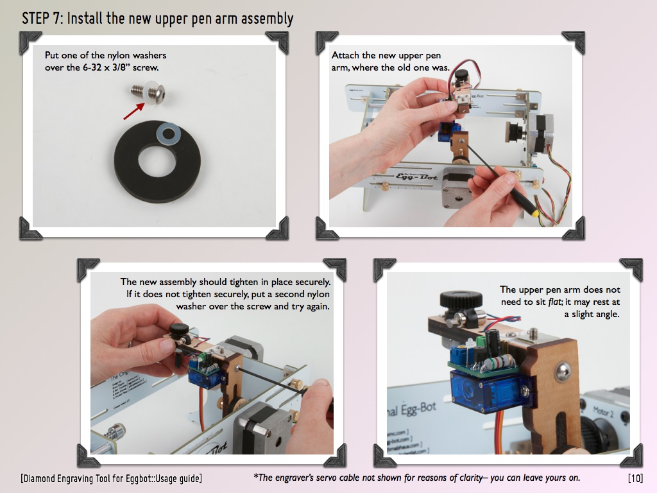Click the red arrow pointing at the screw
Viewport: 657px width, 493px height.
tap(133, 112)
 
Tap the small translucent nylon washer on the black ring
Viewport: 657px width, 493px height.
tap(169, 134)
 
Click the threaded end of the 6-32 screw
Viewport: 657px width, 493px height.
tap(137, 90)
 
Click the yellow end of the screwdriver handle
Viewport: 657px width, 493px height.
tap(533, 213)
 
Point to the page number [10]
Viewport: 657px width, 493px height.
tap(635, 478)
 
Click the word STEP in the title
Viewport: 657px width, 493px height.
tap(37, 19)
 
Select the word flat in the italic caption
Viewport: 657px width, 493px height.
tap(554, 302)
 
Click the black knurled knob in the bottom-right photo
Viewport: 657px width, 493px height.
tap(461, 300)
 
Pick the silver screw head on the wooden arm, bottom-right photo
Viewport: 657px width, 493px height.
tap(562, 372)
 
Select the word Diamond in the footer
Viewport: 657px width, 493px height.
tap(40, 478)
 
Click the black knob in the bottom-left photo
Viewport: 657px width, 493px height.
tap(179, 329)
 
